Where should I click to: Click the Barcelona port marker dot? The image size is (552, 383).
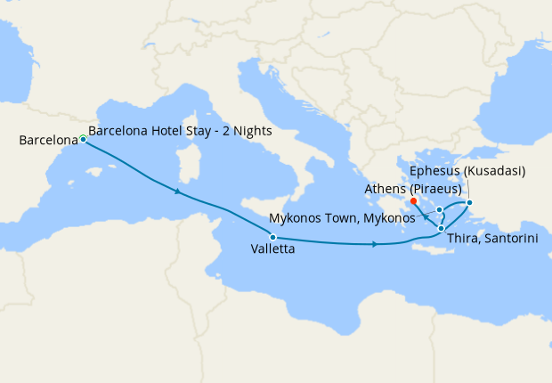[83, 139]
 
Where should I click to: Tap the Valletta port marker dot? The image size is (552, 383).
[273, 237]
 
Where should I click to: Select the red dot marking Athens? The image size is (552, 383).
[414, 200]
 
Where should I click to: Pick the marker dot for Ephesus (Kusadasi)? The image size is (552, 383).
[470, 204]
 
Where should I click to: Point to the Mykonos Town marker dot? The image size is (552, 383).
[440, 210]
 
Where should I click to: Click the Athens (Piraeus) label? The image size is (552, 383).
[413, 189]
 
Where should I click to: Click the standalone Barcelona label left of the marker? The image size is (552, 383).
[48, 141]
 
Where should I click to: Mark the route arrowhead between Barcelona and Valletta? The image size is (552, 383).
[179, 191]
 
